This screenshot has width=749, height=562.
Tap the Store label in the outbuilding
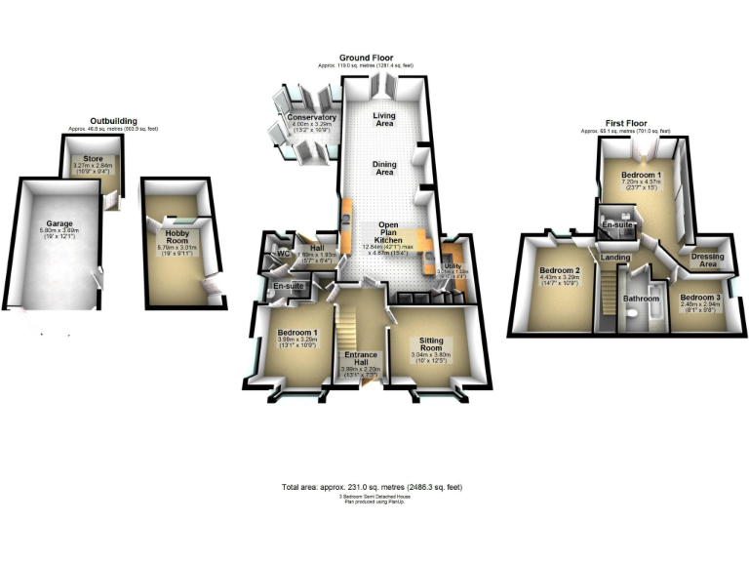pos(94,158)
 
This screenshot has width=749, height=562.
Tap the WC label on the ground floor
pos(284,254)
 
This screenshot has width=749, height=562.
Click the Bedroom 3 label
pos(699,297)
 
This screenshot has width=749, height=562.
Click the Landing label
pos(615,258)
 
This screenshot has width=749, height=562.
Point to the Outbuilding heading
pos(112,121)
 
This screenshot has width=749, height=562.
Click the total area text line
pos(373,485)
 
